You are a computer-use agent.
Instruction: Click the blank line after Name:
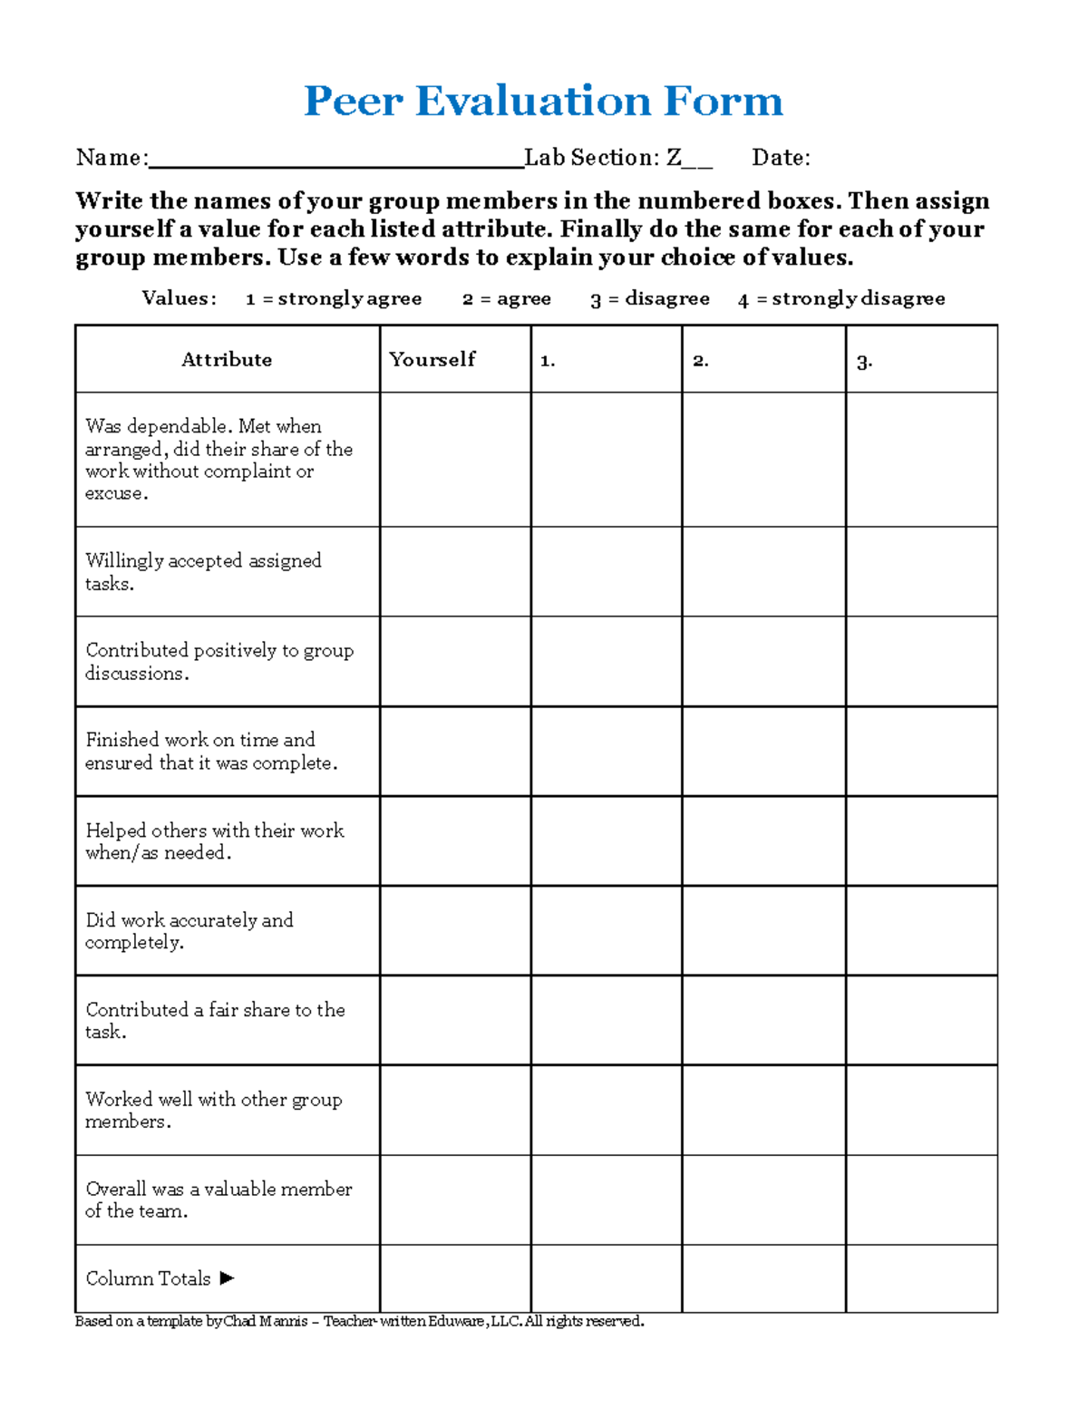click(x=335, y=160)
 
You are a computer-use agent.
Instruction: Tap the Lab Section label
click(x=591, y=158)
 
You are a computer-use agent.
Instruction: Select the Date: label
click(x=781, y=158)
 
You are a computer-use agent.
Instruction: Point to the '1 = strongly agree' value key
click(x=333, y=299)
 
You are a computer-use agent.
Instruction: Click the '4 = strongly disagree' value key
click(x=841, y=299)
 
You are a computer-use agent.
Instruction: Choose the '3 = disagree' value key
click(x=649, y=299)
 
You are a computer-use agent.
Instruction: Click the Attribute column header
click(x=227, y=360)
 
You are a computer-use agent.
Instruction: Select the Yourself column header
click(x=432, y=360)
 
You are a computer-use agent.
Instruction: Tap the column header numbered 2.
click(x=700, y=361)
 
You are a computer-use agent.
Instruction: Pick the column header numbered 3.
click(x=864, y=362)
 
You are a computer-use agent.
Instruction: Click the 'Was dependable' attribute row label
click(x=219, y=460)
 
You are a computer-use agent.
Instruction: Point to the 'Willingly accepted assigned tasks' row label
click(x=203, y=572)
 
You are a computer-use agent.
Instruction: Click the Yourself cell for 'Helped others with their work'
click(x=455, y=841)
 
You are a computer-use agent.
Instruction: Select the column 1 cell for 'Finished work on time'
click(x=606, y=752)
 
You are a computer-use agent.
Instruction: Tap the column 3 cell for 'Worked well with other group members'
click(x=921, y=1110)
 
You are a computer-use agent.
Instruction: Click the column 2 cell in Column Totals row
click(x=763, y=1278)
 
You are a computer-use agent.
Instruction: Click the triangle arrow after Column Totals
click(x=227, y=1278)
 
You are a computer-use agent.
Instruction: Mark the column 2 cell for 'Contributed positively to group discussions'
click(x=763, y=662)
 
